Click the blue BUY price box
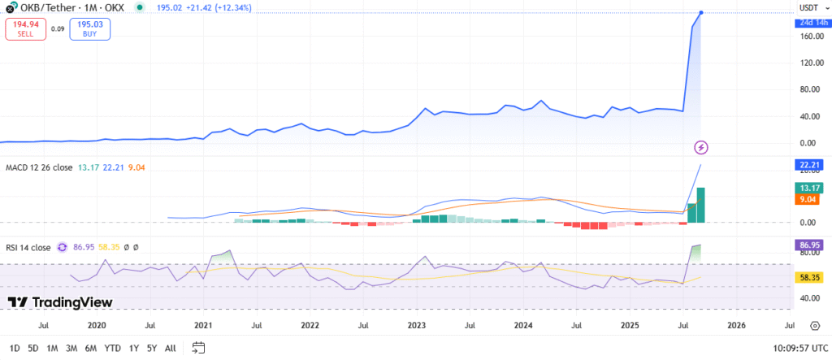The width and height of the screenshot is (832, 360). tap(90, 29)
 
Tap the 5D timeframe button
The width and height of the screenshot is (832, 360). tap(33, 348)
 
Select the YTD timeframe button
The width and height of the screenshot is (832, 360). tap(113, 348)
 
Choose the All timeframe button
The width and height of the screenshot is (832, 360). tap(170, 348)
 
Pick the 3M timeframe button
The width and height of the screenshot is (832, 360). tap(71, 348)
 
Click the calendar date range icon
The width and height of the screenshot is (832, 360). tap(198, 348)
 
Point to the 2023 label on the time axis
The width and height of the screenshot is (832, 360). tap(416, 325)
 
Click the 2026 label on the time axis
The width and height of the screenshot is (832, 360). tap(736, 325)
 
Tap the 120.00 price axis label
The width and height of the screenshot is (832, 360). tap(808, 63)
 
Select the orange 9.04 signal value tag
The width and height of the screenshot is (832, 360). tap(808, 199)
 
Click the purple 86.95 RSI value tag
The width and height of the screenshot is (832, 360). tap(808, 244)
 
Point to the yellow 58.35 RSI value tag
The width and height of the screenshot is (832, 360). tap(808, 277)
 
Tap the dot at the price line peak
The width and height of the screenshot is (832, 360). tap(701, 12)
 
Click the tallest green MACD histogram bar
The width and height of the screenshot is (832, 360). tap(700, 205)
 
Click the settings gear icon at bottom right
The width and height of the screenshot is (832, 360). tap(815, 325)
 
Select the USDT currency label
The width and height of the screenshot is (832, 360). tap(808, 7)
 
